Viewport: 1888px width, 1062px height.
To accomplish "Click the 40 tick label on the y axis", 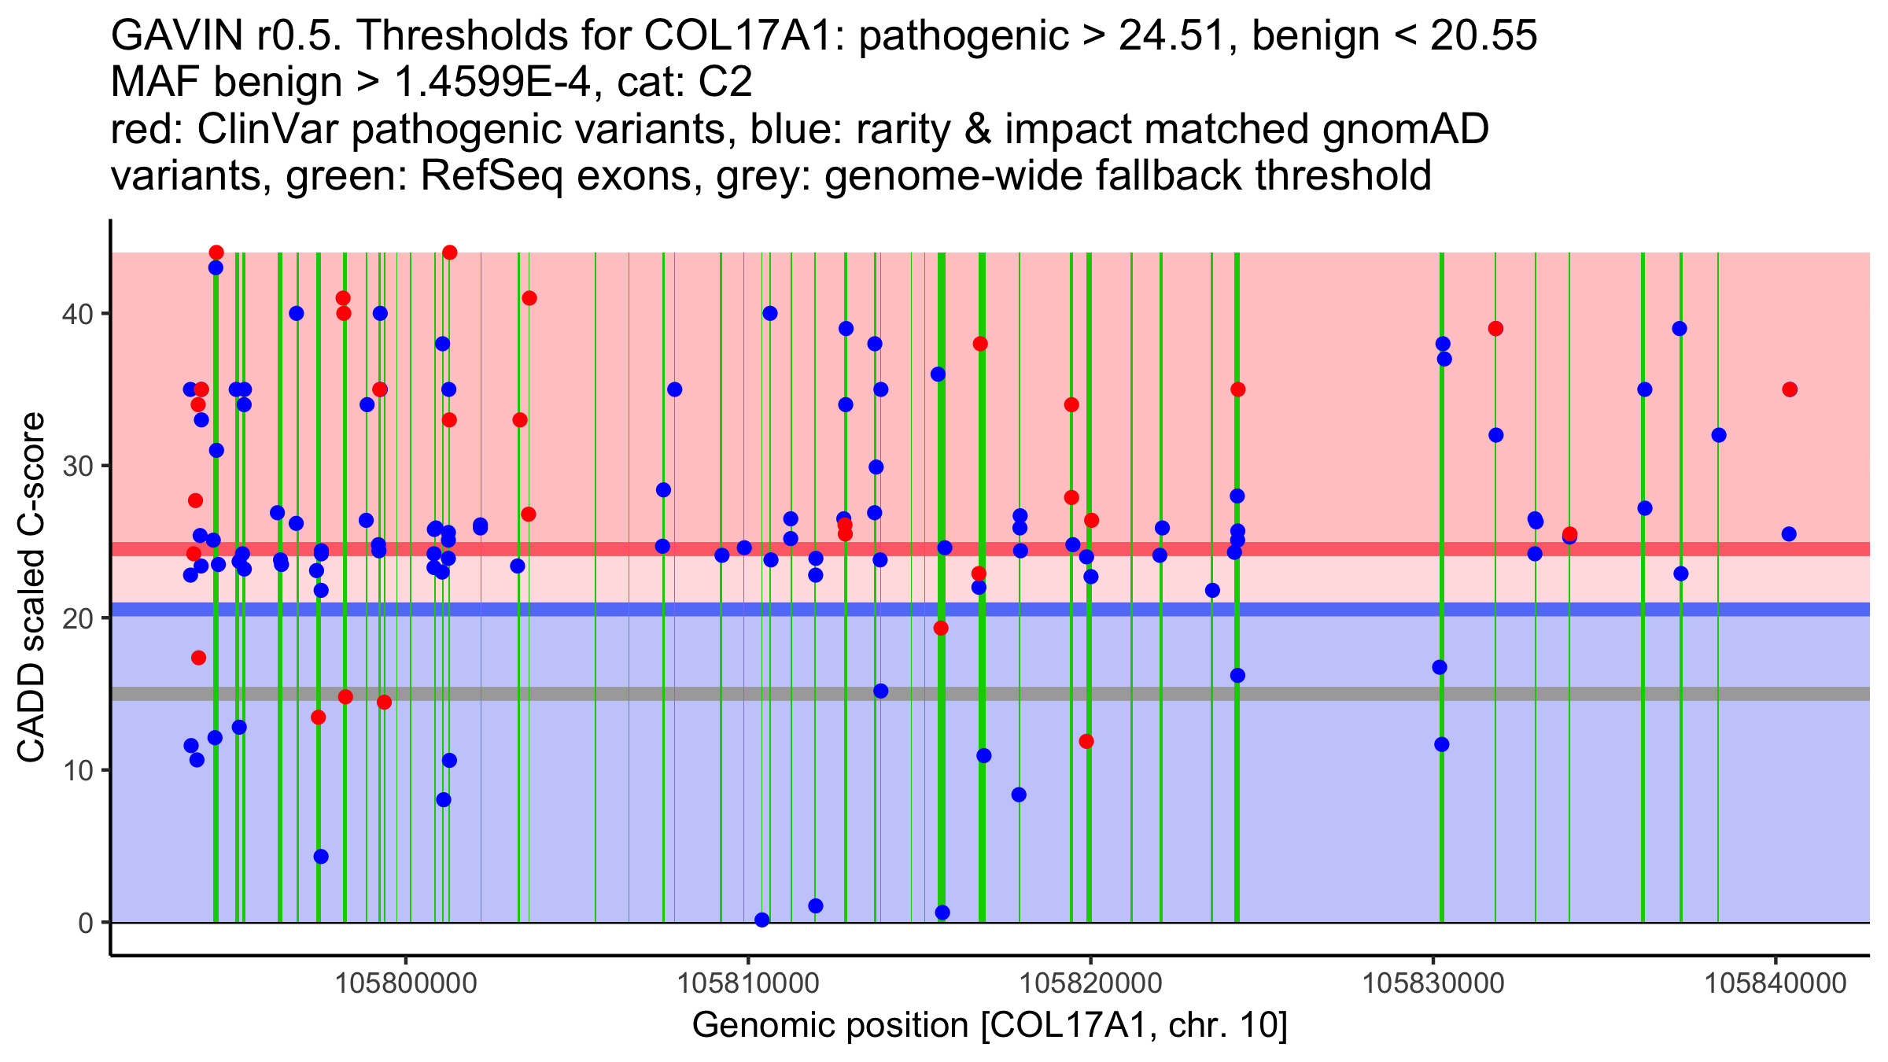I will click(76, 314).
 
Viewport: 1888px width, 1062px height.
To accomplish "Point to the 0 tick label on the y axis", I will click(85, 923).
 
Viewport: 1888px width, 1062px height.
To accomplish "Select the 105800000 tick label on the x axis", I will click(406, 983).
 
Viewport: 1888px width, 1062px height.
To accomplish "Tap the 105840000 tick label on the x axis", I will click(1775, 983).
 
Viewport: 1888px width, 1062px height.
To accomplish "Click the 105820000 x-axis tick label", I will click(1090, 983).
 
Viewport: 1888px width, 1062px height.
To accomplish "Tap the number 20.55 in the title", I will click(1484, 35).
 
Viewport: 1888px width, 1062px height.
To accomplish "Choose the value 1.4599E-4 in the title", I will click(492, 82).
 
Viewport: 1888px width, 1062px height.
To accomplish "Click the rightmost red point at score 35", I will click(1790, 389).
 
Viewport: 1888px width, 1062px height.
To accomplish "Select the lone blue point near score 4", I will click(321, 857).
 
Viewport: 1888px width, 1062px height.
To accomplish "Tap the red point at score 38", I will click(980, 344).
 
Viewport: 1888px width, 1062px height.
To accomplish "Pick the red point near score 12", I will click(1086, 741).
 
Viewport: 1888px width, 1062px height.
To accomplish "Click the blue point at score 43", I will click(216, 267).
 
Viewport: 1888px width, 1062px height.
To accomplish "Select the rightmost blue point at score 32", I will click(1719, 435).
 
